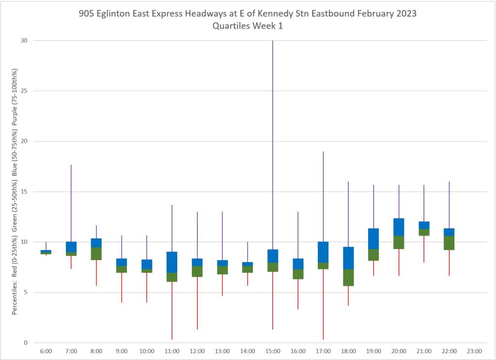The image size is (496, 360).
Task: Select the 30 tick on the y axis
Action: [24, 41]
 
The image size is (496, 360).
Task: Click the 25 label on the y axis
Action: [24, 91]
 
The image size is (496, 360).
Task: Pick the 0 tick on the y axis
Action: [25, 343]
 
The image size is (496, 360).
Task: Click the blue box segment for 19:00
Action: [373, 238]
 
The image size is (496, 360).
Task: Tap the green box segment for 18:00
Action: [348, 277]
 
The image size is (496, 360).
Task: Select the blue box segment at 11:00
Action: [172, 262]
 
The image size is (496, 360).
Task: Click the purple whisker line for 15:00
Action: [273, 145]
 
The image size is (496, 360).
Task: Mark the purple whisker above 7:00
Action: [71, 203]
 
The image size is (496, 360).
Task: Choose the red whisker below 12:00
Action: [197, 303]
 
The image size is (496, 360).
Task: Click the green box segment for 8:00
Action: [96, 253]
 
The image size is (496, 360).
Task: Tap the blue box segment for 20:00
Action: [399, 227]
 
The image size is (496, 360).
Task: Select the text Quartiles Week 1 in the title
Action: [248, 26]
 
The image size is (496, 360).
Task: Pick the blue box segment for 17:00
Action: [323, 252]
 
